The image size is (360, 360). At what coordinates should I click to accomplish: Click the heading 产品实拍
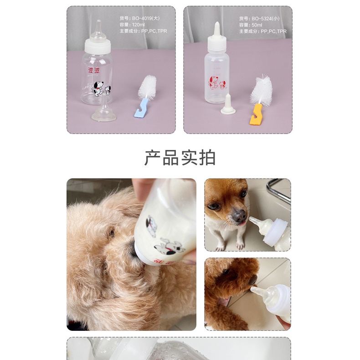pos(180,158)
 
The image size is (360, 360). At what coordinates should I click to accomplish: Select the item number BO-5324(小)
pos(259,19)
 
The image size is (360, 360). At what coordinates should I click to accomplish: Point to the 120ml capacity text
pos(131,25)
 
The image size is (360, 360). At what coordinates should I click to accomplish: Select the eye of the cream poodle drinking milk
pos(111,234)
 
